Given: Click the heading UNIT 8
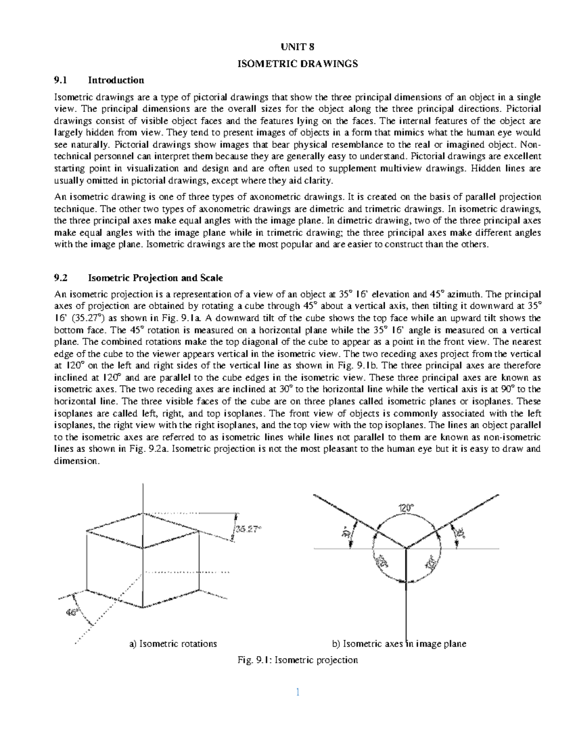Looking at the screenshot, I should click(298, 47).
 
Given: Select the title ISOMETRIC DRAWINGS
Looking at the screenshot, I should click(298, 63).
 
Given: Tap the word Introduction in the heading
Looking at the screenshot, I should click(116, 80).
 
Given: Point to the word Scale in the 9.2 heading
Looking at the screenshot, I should click(212, 278).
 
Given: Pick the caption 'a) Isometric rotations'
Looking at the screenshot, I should click(173, 644).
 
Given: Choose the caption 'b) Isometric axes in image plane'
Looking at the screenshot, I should click(399, 644).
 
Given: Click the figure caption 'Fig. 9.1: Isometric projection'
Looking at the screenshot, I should click(298, 660).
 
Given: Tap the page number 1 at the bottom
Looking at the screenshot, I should click(298, 692).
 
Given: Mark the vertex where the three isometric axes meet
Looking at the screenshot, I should click(406, 548).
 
